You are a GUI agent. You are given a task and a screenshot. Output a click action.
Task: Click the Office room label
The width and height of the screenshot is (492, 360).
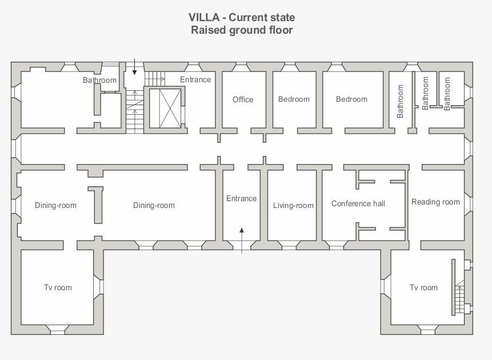[x=243, y=99]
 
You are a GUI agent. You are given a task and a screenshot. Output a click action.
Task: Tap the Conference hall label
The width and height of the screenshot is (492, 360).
[x=358, y=203]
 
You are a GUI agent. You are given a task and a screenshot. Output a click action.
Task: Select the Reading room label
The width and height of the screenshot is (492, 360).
[x=435, y=202]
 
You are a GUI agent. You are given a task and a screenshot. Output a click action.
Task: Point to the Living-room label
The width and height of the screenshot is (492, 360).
[x=293, y=205]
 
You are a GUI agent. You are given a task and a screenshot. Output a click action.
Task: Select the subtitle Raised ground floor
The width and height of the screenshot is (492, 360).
[x=242, y=30]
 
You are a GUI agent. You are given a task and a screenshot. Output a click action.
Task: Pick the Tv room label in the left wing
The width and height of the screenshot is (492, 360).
[x=58, y=287]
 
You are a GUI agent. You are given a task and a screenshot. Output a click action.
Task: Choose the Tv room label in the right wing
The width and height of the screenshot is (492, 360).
[x=423, y=287]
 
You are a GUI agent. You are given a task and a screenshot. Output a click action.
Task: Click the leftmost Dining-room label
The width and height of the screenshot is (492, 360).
[x=55, y=205]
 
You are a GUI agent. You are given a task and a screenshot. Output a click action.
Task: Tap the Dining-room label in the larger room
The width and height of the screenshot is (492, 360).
[x=154, y=205]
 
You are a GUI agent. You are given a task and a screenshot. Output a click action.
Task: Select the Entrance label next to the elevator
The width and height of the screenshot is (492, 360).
[x=195, y=79]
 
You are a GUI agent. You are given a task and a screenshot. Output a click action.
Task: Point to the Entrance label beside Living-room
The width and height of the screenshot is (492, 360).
[x=241, y=198]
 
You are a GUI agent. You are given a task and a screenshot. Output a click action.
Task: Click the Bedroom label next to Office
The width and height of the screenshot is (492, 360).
[x=294, y=99]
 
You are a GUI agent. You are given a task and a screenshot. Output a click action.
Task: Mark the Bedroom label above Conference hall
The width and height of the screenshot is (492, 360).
[x=351, y=99]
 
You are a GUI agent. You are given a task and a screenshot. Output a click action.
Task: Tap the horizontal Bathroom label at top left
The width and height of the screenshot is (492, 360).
[x=99, y=81]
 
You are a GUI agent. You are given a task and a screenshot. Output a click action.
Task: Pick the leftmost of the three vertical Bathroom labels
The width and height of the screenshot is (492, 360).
[x=400, y=101]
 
